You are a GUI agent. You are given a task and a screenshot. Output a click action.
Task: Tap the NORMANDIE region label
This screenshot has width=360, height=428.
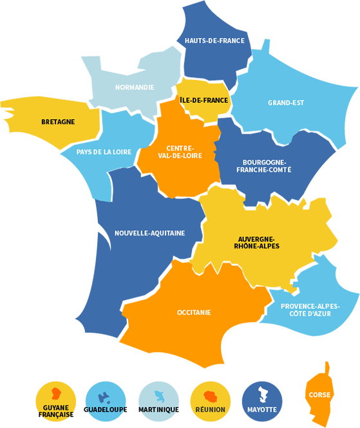tap(135, 87)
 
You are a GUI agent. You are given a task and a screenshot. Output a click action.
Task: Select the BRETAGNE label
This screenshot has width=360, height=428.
tap(58, 122)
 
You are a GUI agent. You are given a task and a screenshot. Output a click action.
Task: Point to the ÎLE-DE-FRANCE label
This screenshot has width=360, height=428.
tap(204, 100)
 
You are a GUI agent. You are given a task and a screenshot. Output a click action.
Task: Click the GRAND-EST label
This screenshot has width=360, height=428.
tap(286, 102)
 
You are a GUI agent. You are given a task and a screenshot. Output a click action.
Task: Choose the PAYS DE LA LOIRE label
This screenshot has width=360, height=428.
tap(104, 152)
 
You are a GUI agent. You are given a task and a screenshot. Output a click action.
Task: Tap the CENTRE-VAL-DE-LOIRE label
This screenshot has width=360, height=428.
tap(180, 151)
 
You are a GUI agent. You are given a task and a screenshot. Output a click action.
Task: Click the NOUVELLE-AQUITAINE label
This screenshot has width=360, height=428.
tap(149, 233)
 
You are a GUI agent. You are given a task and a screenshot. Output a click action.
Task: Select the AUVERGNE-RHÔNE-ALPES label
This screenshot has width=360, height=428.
tap(258, 242)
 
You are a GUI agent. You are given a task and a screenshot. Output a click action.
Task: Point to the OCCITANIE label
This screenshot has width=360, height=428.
tap(194, 313)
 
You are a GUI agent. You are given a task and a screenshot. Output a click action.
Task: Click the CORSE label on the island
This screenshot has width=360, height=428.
tap(320, 395)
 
